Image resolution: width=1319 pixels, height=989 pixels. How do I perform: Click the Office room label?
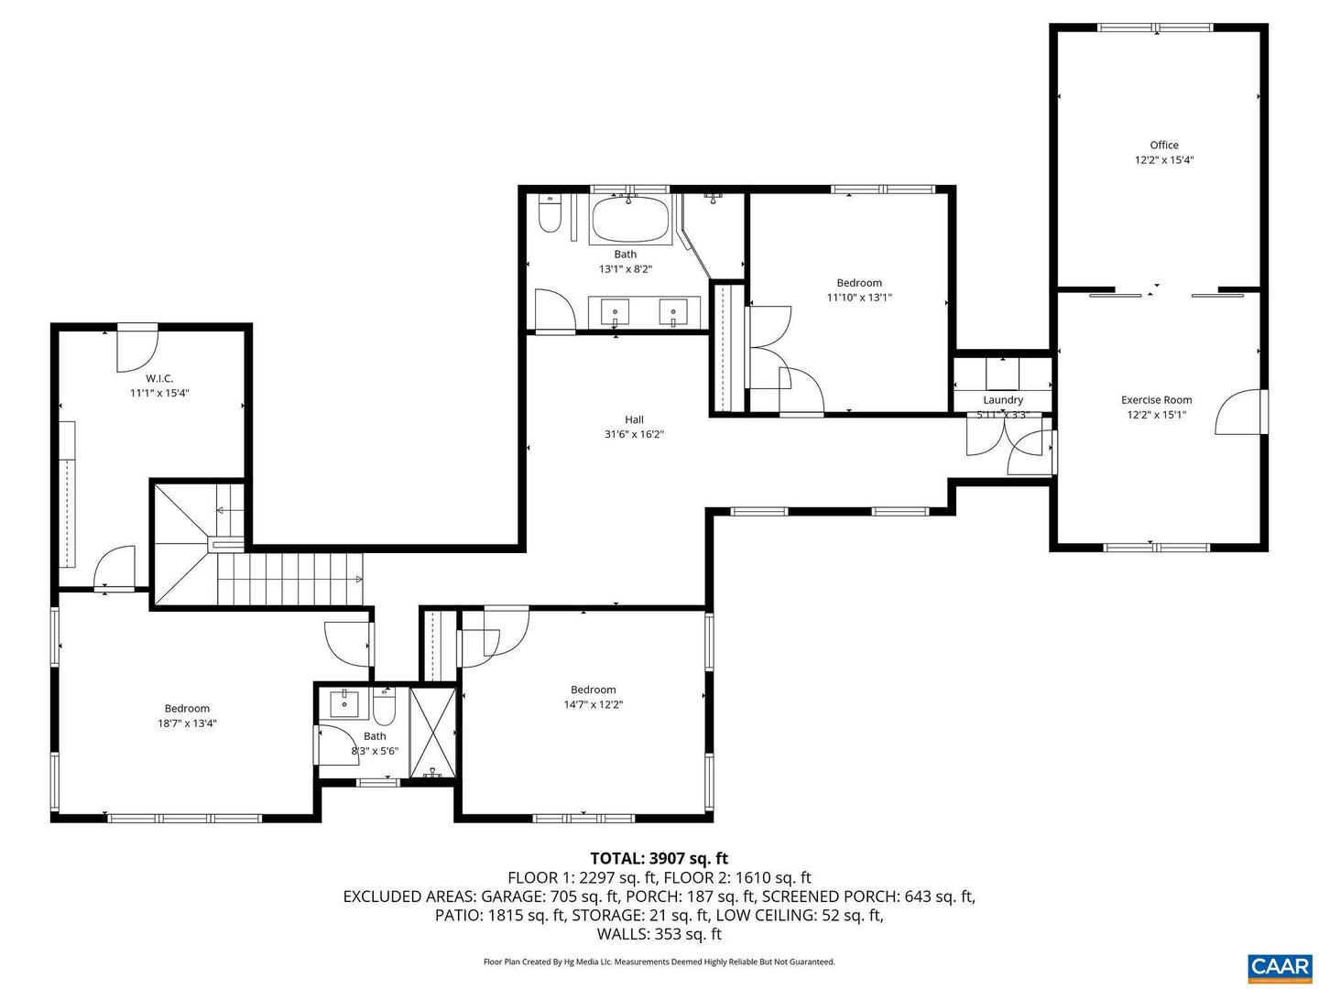click(x=1164, y=145)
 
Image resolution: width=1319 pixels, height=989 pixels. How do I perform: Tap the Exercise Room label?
click(x=1157, y=399)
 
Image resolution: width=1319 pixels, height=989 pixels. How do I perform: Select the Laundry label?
click(x=1003, y=399)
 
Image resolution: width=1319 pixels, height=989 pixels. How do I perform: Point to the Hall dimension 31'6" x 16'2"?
click(x=634, y=434)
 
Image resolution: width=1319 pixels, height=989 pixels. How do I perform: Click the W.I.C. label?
click(x=159, y=378)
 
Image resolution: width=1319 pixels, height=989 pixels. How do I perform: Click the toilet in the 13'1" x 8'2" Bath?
click(x=550, y=216)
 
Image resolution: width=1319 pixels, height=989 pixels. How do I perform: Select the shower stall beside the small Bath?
click(x=432, y=732)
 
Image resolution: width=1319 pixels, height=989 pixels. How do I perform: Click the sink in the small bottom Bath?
click(x=346, y=703)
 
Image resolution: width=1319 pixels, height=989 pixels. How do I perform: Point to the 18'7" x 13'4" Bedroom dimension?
click(x=187, y=723)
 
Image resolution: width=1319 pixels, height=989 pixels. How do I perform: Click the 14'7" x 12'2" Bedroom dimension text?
click(x=594, y=704)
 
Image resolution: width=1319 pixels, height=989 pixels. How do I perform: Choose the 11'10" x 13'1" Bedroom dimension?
click(x=859, y=297)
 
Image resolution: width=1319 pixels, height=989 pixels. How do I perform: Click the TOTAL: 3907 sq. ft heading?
click(x=659, y=858)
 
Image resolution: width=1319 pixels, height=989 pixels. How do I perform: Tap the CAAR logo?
click(x=1279, y=966)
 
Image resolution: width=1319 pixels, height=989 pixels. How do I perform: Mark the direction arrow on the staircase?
click(x=358, y=579)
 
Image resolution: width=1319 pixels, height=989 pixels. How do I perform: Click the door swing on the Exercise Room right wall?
click(x=1238, y=412)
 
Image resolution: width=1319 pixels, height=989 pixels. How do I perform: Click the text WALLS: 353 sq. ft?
click(x=659, y=934)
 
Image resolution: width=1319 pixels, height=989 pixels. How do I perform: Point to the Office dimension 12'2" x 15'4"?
click(x=1164, y=159)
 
